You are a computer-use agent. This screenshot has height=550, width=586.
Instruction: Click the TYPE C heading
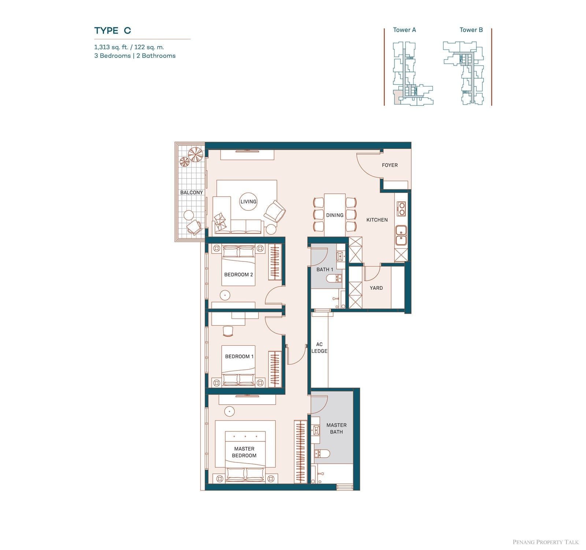click(112, 30)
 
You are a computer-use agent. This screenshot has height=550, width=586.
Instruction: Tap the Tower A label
click(404, 30)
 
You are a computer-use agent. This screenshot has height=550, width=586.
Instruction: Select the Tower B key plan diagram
click(463, 73)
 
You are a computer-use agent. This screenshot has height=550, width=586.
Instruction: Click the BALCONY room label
click(191, 192)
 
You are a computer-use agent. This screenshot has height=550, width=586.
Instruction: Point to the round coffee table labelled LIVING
click(248, 201)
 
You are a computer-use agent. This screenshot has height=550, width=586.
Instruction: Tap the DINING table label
click(335, 215)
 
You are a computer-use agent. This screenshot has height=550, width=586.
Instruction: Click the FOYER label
click(390, 165)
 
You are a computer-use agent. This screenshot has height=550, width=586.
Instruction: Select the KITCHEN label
click(377, 220)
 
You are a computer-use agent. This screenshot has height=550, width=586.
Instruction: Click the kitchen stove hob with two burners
click(401, 208)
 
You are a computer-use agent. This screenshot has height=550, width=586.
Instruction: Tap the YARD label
click(376, 288)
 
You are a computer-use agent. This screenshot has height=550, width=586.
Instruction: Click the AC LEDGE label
click(319, 348)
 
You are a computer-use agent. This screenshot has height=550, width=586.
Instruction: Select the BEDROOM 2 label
click(238, 275)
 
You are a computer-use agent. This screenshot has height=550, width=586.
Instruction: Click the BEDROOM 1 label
click(239, 356)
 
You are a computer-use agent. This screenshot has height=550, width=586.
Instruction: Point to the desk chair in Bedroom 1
click(228, 331)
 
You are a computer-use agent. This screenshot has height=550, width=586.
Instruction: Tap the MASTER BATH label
click(336, 428)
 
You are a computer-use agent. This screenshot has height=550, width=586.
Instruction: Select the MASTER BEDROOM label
click(244, 452)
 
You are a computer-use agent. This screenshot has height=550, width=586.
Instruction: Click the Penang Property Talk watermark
click(546, 542)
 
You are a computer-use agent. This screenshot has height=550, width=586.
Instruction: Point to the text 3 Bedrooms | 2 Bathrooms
click(135, 56)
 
